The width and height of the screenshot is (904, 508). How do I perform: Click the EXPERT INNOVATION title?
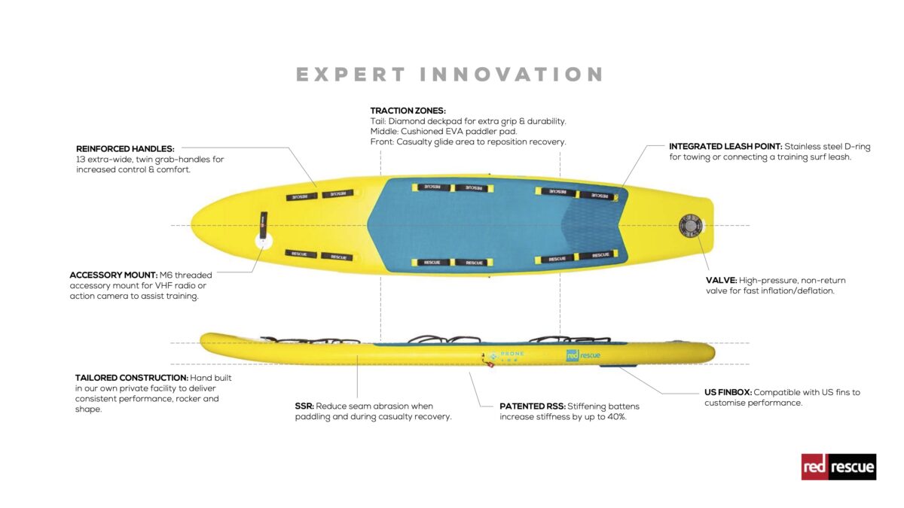tap(450, 75)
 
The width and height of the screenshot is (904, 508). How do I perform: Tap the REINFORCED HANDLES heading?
tap(125, 149)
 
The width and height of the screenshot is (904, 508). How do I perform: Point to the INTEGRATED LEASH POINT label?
tap(725, 147)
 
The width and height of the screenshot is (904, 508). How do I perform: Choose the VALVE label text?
tap(721, 280)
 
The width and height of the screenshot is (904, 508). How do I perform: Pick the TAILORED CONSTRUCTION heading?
tap(131, 378)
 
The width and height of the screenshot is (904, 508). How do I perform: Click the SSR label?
tap(304, 406)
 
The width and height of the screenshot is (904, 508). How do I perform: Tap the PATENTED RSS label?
tap(532, 406)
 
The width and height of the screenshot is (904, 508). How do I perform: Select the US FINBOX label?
tap(727, 392)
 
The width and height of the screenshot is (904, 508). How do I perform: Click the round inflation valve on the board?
tap(689, 225)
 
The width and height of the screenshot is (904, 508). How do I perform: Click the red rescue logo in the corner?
tap(838, 467)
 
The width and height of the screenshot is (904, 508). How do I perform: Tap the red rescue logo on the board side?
tap(583, 355)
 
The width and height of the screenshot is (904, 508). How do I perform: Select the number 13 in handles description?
tap(81, 160)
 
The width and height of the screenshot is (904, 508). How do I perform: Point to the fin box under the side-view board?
tap(615, 367)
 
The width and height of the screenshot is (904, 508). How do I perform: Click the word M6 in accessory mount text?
tap(165, 275)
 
